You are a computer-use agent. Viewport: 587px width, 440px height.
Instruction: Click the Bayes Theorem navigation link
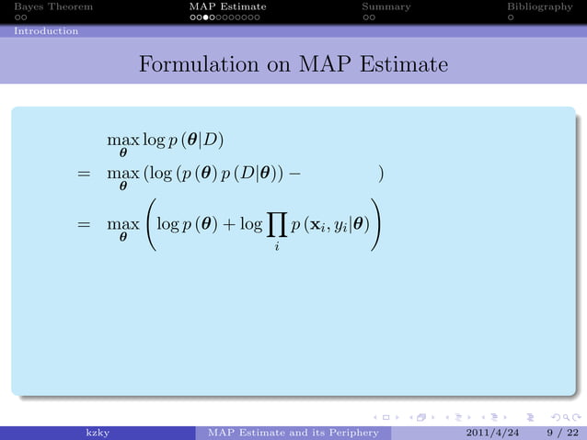(x=46, y=6)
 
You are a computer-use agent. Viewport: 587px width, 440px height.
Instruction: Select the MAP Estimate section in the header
(x=227, y=6)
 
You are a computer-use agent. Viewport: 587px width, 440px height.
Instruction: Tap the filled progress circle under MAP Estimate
(x=209, y=17)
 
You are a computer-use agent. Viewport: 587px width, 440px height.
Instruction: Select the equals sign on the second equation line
(x=83, y=173)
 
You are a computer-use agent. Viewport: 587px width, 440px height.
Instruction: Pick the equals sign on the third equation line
(x=83, y=223)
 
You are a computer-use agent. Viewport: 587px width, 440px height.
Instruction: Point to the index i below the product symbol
(x=275, y=245)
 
